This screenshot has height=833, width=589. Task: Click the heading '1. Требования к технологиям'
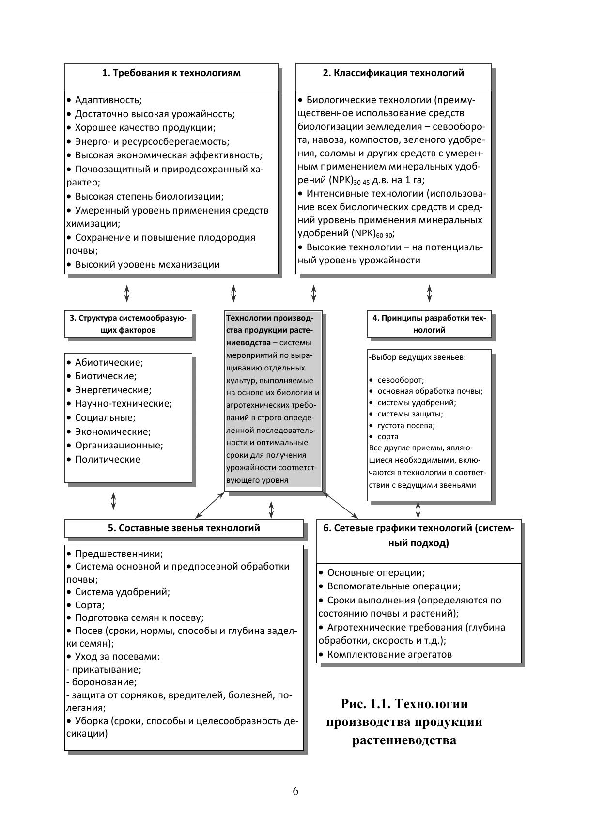click(x=171, y=73)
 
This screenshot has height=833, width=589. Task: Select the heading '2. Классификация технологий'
click(x=393, y=73)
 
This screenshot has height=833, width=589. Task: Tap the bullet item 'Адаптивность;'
click(x=108, y=100)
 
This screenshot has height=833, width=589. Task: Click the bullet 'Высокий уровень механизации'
click(x=147, y=264)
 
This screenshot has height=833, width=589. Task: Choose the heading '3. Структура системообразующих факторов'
click(x=128, y=324)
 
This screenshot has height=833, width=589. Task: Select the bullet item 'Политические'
click(x=107, y=459)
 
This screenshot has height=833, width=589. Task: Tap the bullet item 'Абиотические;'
click(x=108, y=362)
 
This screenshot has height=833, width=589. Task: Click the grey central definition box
click(x=273, y=399)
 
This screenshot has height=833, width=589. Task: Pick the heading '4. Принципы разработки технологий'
click(x=429, y=324)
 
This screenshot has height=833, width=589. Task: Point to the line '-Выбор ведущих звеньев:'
click(x=417, y=357)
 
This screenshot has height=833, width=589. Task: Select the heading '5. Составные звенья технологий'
click(x=184, y=528)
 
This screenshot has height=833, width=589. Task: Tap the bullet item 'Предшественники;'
click(x=118, y=554)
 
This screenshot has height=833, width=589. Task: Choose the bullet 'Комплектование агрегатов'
click(x=389, y=654)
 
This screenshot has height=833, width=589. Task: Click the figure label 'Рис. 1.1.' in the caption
click(x=366, y=703)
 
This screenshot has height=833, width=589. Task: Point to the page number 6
click(x=295, y=791)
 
